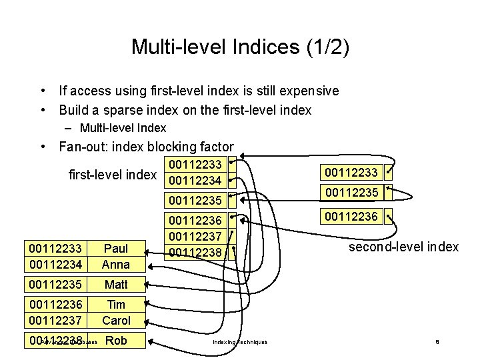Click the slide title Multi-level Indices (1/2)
pyautogui.click(x=240, y=47)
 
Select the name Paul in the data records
pyautogui.click(x=116, y=249)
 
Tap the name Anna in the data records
pyautogui.click(x=116, y=264)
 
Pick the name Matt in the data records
pyautogui.click(x=116, y=285)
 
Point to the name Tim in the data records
pyautogui.click(x=116, y=305)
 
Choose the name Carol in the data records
pyautogui.click(x=116, y=320)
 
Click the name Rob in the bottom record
pyautogui.click(x=116, y=341)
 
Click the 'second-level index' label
pyautogui.click(x=404, y=247)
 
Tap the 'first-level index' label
pyautogui.click(x=113, y=175)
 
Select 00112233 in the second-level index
pyautogui.click(x=351, y=173)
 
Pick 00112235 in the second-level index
pyautogui.click(x=351, y=193)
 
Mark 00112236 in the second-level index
pyautogui.click(x=351, y=216)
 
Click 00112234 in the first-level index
pyautogui.click(x=195, y=181)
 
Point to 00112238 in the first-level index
pyautogui.click(x=195, y=252)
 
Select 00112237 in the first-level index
pyautogui.click(x=195, y=237)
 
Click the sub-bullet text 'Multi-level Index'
pyautogui.click(x=123, y=128)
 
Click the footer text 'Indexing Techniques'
pyautogui.click(x=240, y=342)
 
